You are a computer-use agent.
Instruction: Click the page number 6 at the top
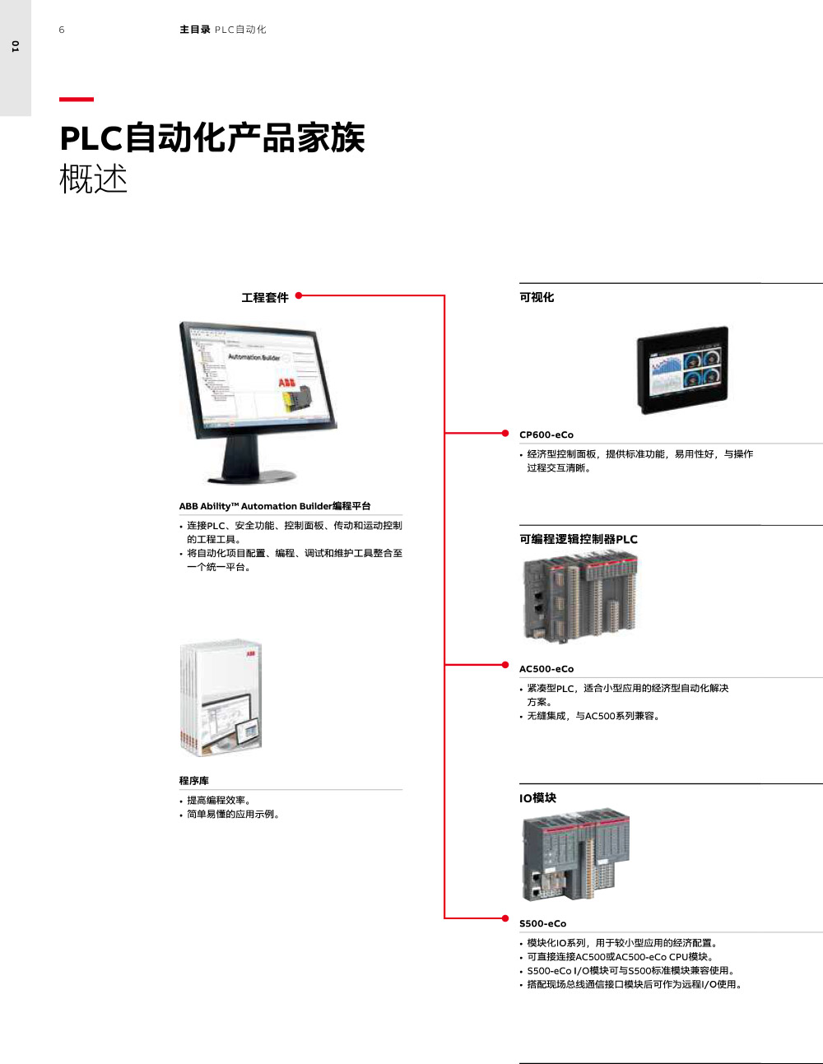point(62,30)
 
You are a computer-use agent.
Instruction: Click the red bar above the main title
point(77,100)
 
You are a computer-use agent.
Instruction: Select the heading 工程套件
point(265,297)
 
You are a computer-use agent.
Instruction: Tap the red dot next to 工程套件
point(299,295)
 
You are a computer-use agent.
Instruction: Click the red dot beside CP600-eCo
point(505,433)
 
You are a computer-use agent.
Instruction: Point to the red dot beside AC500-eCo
point(505,664)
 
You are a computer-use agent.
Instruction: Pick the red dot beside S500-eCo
point(505,918)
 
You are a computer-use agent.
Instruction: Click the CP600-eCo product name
point(546,434)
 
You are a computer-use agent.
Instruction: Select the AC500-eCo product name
point(546,669)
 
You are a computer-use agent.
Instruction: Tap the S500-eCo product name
point(543,923)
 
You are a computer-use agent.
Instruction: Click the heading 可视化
point(537,297)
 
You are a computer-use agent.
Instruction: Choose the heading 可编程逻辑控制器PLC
point(579,539)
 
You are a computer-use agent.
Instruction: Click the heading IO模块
point(537,797)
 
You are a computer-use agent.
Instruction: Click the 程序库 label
point(194,780)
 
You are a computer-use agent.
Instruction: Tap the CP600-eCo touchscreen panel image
point(682,370)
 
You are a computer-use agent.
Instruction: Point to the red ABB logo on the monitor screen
point(287,383)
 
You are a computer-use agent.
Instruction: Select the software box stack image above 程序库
point(221,697)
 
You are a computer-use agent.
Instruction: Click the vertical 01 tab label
point(15,47)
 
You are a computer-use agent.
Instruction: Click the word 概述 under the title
point(93,179)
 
